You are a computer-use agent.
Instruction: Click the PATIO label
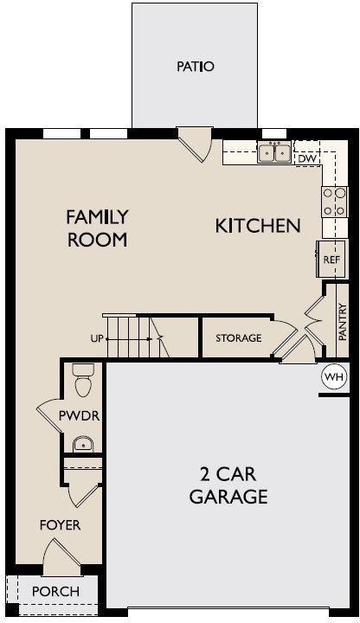[x=195, y=66]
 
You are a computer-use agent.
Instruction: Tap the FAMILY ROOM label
[x=97, y=228]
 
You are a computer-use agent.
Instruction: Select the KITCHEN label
[x=258, y=226]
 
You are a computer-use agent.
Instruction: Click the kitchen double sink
[x=274, y=152]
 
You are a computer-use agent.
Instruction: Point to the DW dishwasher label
[x=307, y=159]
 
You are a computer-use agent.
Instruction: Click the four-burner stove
[x=334, y=202]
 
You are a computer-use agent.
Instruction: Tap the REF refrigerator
[x=331, y=260]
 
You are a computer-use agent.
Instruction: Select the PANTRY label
[x=343, y=322]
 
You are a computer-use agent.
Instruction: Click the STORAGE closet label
[x=238, y=338]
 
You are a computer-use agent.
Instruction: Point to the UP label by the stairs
[x=97, y=339]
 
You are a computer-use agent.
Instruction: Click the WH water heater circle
[x=334, y=376]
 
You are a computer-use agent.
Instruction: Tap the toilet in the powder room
[x=83, y=380]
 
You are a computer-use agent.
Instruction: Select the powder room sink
[x=83, y=444]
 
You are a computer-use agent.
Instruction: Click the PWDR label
[x=79, y=416]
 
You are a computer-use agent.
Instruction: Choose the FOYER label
[x=60, y=525]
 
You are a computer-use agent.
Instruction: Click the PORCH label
[x=55, y=591]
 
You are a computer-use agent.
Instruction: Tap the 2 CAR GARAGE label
[x=228, y=485]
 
